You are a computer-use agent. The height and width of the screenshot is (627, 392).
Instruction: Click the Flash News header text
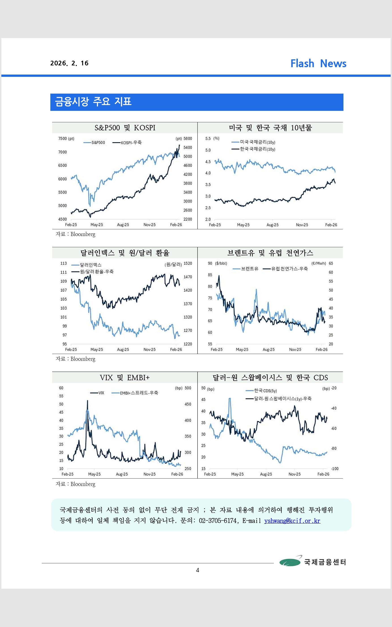(x=318, y=64)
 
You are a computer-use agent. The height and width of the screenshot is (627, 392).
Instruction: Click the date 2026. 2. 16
(x=69, y=63)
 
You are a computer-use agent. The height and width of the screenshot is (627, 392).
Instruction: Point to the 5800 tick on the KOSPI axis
(x=188, y=139)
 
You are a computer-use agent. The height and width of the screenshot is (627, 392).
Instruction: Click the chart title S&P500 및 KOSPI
(x=125, y=128)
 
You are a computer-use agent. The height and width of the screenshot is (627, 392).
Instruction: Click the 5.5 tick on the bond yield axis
(x=208, y=139)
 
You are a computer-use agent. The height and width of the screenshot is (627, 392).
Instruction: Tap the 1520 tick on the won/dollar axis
(x=188, y=263)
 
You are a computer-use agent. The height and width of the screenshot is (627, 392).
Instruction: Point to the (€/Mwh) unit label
(x=318, y=263)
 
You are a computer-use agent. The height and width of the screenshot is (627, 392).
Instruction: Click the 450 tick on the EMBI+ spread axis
(x=188, y=404)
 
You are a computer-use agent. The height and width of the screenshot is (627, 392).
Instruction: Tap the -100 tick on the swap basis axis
(x=334, y=469)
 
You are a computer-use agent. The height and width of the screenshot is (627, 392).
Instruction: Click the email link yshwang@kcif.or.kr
(x=292, y=521)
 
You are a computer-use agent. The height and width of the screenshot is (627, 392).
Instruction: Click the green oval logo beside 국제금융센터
(x=290, y=562)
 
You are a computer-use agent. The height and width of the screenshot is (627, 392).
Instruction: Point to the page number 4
(x=198, y=570)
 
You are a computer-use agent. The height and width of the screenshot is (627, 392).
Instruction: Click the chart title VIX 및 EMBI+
(x=125, y=378)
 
